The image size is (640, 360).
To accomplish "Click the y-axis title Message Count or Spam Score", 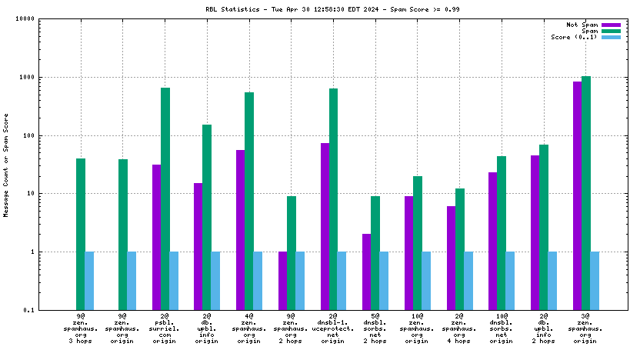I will (x=7, y=165).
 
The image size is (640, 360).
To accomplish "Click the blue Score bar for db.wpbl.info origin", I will (x=215, y=280).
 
